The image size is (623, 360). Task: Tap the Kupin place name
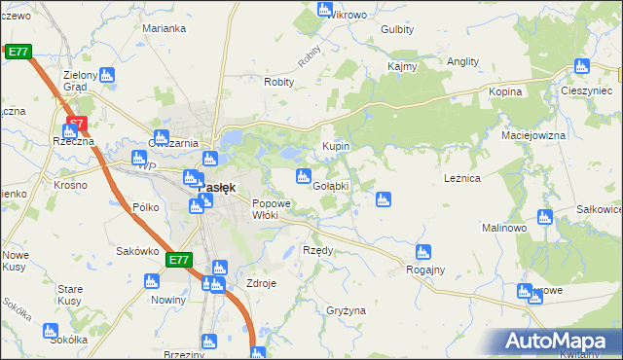click(336, 147)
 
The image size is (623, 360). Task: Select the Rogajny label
click(425, 270)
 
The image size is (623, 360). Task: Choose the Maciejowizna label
click(532, 135)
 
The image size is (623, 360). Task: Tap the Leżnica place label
click(462, 179)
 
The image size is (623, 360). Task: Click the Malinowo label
click(504, 227)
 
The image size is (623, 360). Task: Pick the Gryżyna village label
click(346, 309)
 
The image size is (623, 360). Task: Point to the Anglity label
click(462, 61)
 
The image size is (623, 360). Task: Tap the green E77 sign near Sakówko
click(178, 261)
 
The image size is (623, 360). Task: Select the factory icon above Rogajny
click(422, 251)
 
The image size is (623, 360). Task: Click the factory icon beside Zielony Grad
click(107, 74)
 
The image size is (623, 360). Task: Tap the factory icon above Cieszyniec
click(582, 66)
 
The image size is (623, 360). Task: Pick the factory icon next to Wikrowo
click(326, 9)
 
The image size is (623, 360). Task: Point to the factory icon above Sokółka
click(51, 331)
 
